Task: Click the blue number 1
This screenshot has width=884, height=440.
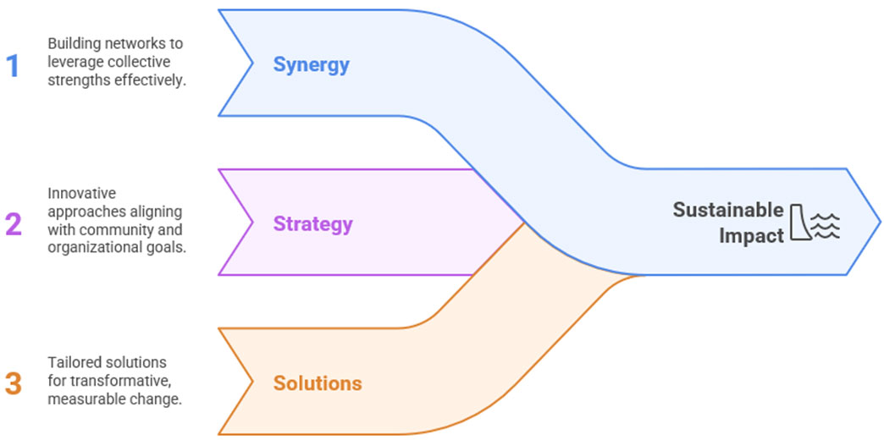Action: point(12,65)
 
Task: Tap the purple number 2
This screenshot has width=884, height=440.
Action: point(13,224)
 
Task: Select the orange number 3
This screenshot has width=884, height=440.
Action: point(13,382)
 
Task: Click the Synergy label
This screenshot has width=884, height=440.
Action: point(311,64)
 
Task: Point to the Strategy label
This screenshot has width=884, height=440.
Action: point(312,224)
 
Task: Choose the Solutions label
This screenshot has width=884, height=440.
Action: point(317,383)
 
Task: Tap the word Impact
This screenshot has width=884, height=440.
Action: point(751,235)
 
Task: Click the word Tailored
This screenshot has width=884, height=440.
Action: point(71,362)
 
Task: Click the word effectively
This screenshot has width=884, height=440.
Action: point(153,82)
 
